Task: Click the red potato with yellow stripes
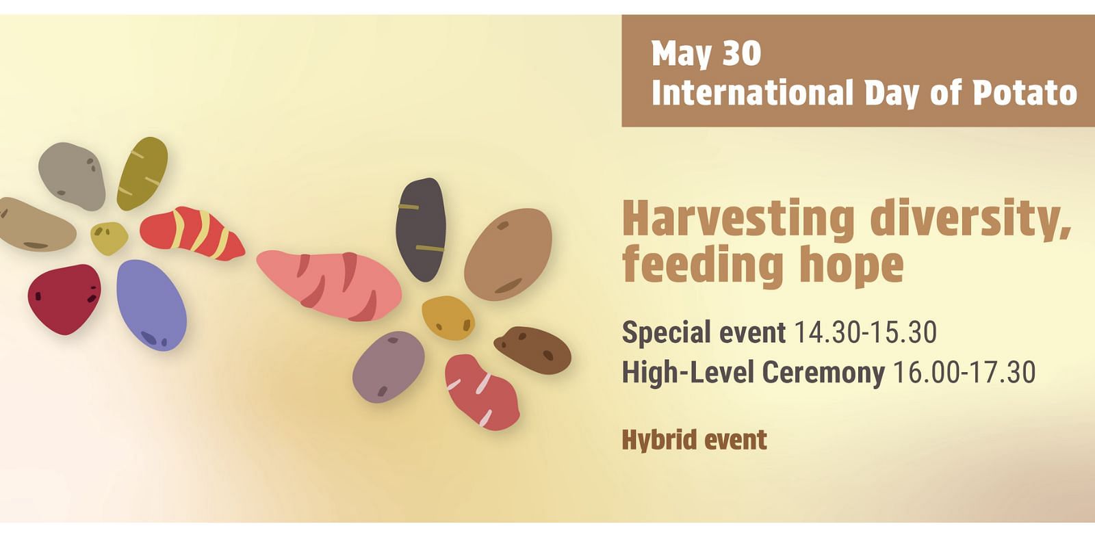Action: point(192,233)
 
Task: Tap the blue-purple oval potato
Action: point(151,305)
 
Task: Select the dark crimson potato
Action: point(64,299)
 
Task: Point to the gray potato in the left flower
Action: point(72,176)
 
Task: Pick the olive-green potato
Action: point(142,174)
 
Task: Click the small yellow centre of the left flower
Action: point(109,239)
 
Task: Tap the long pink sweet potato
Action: point(329,285)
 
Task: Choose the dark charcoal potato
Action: point(421,230)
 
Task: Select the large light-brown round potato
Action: point(508,254)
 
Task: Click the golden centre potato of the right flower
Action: point(448,317)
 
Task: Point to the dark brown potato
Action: point(533,350)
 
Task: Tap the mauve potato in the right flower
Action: point(389,367)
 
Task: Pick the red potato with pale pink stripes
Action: point(482,393)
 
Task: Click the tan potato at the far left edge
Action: point(37,225)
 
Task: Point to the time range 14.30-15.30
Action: point(865,332)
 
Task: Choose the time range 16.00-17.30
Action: point(964,372)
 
